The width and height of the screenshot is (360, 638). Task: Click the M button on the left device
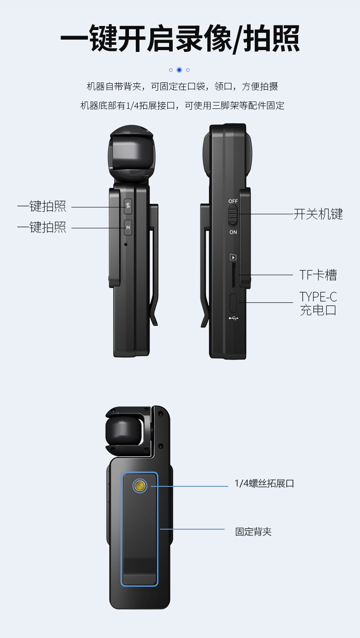[128, 227]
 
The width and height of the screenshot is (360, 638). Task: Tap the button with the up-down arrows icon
[128, 206]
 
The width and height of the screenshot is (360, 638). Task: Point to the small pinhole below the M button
[126, 244]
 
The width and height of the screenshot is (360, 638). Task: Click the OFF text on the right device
[233, 201]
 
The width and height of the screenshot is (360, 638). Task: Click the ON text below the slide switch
[233, 232]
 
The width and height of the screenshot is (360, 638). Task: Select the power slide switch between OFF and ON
[233, 215]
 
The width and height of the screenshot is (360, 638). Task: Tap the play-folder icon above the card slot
[233, 257]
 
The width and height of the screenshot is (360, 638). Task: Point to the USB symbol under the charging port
[233, 318]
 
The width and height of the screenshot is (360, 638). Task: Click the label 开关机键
[318, 214]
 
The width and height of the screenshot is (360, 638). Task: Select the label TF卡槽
[318, 275]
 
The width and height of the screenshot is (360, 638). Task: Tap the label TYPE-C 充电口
[318, 304]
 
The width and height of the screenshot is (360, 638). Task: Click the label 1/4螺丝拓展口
[264, 484]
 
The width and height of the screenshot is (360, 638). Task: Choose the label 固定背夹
[253, 531]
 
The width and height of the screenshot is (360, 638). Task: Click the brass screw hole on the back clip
[140, 486]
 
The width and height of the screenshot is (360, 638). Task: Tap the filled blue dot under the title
[179, 70]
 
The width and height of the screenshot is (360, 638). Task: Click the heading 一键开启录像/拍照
[180, 39]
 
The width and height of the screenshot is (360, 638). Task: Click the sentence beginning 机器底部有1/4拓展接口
[182, 106]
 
